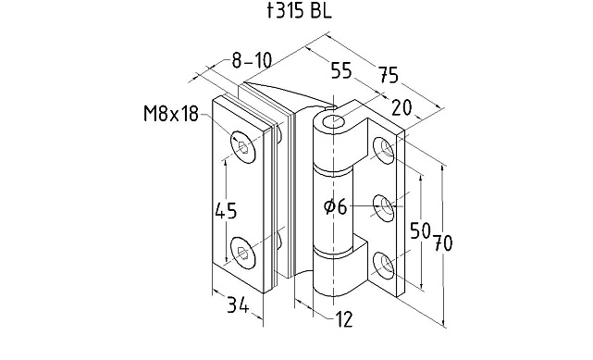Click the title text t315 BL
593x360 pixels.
point(299,11)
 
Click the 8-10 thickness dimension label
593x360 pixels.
point(252,60)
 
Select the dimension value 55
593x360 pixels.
point(341,70)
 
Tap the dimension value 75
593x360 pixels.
point(389,74)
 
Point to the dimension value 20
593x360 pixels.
point(402,107)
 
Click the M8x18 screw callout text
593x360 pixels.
point(171,114)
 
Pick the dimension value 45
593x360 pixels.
point(226,211)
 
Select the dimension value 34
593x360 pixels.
point(238,304)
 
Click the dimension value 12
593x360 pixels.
point(344,319)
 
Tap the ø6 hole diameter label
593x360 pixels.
point(336,207)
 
